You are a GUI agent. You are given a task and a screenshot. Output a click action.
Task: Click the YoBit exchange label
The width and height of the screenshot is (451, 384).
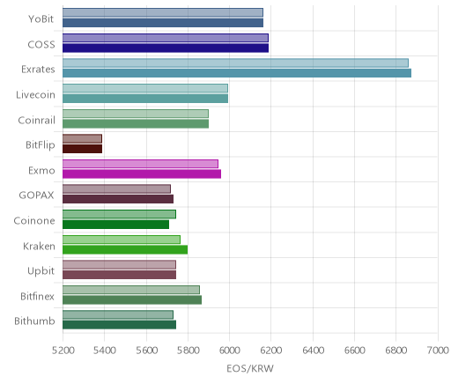point(41,19)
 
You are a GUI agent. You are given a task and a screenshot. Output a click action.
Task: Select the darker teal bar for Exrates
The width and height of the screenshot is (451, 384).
point(237,73)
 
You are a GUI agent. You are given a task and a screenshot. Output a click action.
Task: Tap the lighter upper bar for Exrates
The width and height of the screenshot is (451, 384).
point(235,63)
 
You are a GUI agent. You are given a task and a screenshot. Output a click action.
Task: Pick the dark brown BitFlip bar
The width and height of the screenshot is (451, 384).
point(82,149)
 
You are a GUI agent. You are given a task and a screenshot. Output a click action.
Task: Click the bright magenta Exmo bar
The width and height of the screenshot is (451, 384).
point(142,174)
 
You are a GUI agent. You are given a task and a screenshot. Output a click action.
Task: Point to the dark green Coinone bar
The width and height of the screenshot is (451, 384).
point(115,225)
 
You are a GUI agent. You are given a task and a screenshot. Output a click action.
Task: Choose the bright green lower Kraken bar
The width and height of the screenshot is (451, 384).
point(125,250)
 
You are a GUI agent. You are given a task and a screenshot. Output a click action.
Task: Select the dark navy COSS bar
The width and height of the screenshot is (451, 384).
point(166,48)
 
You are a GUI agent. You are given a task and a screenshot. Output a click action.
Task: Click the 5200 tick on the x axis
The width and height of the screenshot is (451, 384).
point(63,351)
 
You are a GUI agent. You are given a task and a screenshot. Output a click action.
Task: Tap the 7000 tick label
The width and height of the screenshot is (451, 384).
point(438,351)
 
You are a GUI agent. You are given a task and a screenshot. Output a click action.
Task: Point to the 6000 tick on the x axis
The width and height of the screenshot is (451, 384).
point(229,351)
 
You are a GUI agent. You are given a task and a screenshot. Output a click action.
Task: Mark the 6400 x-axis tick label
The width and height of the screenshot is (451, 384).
point(313,351)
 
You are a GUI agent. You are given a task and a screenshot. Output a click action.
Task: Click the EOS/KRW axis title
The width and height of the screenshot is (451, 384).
point(250,368)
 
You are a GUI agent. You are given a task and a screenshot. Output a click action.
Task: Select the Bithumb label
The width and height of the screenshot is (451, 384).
point(34,321)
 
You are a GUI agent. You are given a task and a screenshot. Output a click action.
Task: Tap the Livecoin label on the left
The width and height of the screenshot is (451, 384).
point(35,95)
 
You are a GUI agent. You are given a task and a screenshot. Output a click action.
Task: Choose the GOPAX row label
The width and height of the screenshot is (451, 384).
point(36,196)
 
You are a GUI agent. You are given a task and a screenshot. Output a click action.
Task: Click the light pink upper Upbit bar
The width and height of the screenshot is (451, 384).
point(119,265)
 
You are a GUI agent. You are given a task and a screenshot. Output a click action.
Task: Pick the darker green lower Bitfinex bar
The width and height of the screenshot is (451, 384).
point(132,300)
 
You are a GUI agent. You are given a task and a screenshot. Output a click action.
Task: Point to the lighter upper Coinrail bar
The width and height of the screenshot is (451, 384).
point(136,114)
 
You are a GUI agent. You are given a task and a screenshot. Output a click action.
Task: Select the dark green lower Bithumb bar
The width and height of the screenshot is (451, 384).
point(119,325)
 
